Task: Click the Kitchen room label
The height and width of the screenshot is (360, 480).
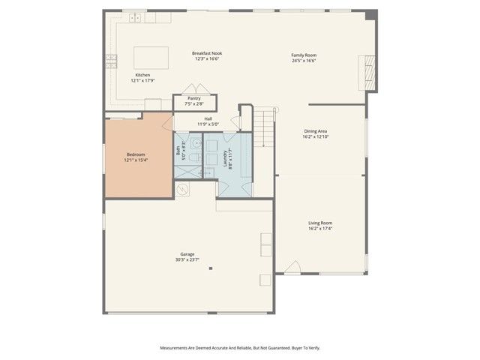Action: pyautogui.click(x=142, y=75)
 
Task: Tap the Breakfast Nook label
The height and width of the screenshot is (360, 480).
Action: pyautogui.click(x=206, y=53)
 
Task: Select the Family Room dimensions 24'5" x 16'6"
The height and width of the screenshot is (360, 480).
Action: pyautogui.click(x=304, y=61)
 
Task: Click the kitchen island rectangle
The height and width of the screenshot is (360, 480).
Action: pyautogui.click(x=151, y=57)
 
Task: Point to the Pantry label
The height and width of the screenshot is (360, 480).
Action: pyautogui.click(x=193, y=97)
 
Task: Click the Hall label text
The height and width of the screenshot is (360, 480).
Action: pyautogui.click(x=208, y=118)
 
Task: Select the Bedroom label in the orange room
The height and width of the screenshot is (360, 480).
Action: pyautogui.click(x=136, y=154)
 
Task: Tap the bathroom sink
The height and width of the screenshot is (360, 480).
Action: pyautogui.click(x=196, y=142)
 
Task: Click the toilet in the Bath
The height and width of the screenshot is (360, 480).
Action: pyautogui.click(x=192, y=158)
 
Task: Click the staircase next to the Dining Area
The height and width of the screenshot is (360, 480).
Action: pyautogui.click(x=264, y=127)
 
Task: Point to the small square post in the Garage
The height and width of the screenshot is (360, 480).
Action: pyautogui.click(x=211, y=268)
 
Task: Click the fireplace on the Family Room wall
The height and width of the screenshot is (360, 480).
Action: pyautogui.click(x=367, y=71)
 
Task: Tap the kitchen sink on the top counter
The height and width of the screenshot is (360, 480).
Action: pyautogui.click(x=136, y=17)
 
